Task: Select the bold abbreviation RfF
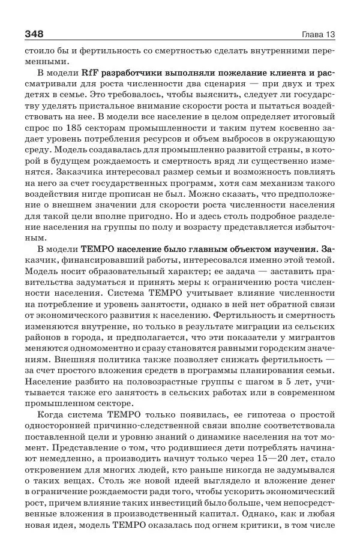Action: tap(90, 73)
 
